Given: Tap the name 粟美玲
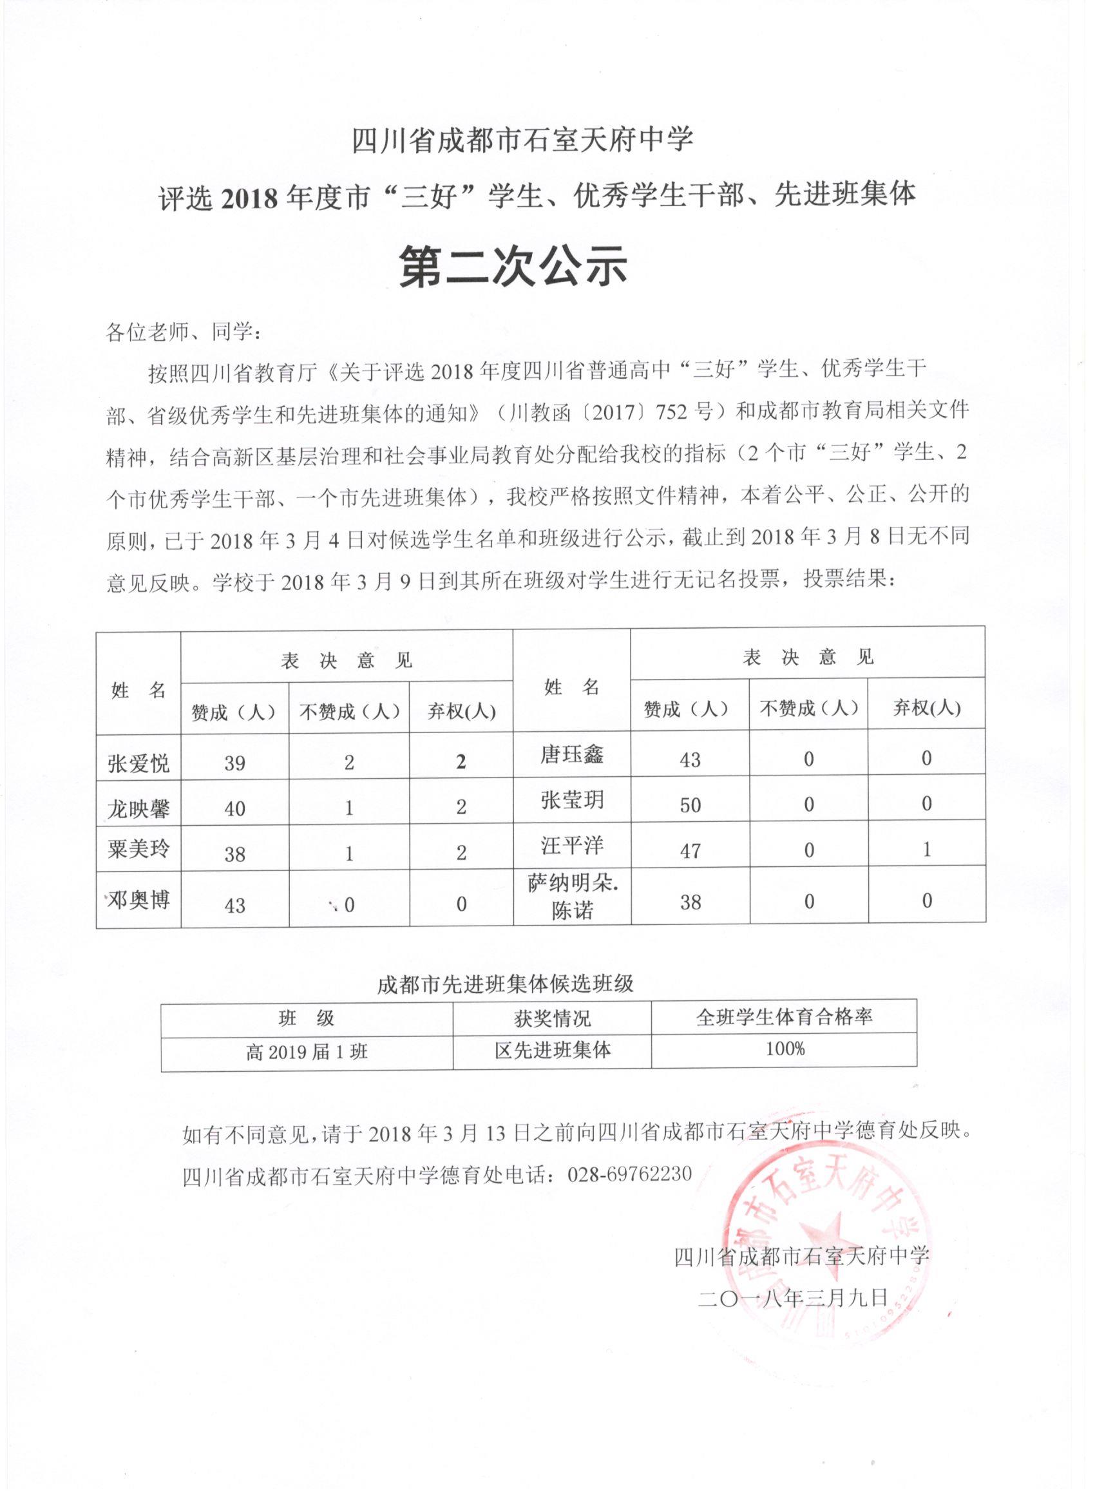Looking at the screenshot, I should [x=138, y=849].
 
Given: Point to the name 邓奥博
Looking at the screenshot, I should [x=138, y=900].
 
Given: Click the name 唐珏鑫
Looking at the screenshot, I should [x=571, y=755].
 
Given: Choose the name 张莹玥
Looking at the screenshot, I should [x=571, y=800].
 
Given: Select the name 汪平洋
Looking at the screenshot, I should [x=571, y=845].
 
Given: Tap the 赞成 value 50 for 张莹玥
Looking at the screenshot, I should [x=690, y=805].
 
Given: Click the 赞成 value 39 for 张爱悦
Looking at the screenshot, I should [x=234, y=763].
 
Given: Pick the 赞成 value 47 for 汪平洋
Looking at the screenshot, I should [x=690, y=850].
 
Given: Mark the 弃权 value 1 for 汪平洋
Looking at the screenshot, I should [x=926, y=849].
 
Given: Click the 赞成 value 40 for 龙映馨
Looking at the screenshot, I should [x=234, y=809].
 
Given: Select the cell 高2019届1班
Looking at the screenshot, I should [x=306, y=1053].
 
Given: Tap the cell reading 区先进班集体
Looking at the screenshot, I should [x=552, y=1050].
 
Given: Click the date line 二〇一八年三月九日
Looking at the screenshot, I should [x=793, y=1297].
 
